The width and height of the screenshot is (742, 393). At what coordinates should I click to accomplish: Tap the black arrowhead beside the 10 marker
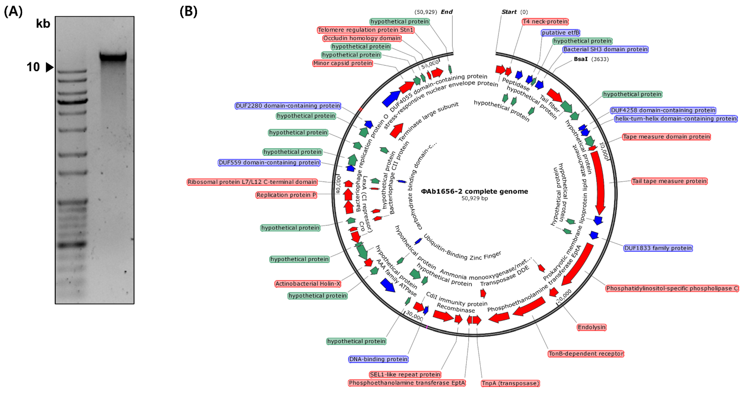pyautogui.click(x=50, y=67)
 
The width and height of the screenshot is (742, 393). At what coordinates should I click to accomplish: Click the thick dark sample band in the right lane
pyautogui.click(x=113, y=56)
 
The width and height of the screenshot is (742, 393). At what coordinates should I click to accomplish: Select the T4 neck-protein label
pyautogui.click(x=545, y=22)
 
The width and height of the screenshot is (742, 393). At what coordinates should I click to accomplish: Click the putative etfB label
pyautogui.click(x=560, y=33)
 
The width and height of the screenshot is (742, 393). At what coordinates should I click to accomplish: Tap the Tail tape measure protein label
pyautogui.click(x=669, y=181)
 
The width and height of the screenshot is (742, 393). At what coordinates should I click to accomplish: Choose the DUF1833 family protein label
pyautogui.click(x=658, y=248)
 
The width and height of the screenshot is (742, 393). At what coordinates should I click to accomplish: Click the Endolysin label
pyautogui.click(x=592, y=327)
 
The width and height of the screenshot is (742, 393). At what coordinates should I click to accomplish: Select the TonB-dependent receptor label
pyautogui.click(x=586, y=354)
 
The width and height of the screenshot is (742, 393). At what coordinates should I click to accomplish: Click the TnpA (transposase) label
pyautogui.click(x=510, y=383)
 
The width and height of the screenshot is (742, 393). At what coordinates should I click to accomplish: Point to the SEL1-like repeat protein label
pyautogui.click(x=405, y=375)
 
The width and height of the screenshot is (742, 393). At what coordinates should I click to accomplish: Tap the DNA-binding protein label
pyautogui.click(x=378, y=359)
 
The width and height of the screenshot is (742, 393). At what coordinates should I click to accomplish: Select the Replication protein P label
pyautogui.click(x=286, y=195)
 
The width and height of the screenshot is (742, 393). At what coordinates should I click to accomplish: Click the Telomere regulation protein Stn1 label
pyautogui.click(x=366, y=30)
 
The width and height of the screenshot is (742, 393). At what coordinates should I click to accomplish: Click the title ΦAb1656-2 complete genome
pyautogui.click(x=474, y=191)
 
